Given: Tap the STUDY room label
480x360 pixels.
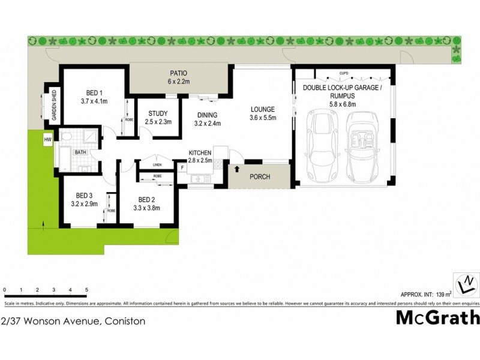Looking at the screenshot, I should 158,113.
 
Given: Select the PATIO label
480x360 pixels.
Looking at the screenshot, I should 178,73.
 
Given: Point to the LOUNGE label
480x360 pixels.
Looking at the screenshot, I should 263,110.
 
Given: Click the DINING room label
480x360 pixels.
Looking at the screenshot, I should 208,115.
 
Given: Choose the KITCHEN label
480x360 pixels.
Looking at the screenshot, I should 200,153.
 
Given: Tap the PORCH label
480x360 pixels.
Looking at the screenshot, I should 260,177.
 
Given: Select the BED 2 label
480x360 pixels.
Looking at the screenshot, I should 147,200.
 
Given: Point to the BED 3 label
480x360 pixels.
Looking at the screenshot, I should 84,195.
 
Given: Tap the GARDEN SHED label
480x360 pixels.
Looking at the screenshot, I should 54,106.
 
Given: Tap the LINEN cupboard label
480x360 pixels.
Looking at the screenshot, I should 157,164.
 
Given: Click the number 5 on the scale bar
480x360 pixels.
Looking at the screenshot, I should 87,289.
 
